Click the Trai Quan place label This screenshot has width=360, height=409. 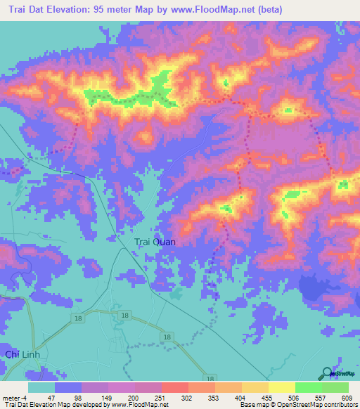click(x=155, y=242)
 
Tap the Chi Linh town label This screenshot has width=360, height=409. click(x=20, y=354)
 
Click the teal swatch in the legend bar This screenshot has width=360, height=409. click(x=41, y=387)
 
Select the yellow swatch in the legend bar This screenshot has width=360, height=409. click(x=282, y=387)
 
